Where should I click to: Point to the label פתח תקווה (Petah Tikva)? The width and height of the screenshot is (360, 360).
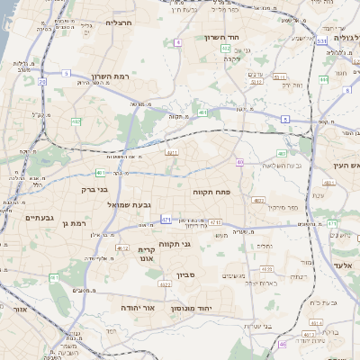pos(212,193)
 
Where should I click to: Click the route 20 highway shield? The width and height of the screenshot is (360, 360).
pos(41,81)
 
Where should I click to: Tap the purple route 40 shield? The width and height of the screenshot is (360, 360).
pos(239,162)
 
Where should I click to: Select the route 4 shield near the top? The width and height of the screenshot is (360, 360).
pos(178,42)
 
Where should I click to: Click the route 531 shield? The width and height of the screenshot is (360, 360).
pos(321,40)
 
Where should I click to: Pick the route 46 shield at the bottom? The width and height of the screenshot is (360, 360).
pos(282,344)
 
